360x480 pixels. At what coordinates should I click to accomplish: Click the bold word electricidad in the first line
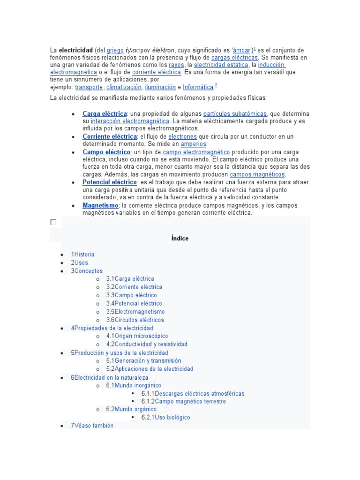[75, 50]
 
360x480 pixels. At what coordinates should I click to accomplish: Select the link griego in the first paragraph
[115, 50]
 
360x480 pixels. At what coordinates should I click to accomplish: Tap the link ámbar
[242, 50]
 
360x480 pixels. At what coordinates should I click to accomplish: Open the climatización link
[124, 87]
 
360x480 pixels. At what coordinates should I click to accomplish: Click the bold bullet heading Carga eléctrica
[105, 114]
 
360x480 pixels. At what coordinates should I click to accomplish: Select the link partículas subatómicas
[235, 114]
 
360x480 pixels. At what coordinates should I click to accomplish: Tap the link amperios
[193, 144]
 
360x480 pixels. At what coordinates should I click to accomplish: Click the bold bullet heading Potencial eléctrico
[110, 182]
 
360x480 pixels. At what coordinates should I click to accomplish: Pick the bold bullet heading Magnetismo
[100, 205]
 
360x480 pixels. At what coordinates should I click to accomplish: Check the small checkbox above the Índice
[53, 222]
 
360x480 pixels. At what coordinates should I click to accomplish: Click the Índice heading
[180, 239]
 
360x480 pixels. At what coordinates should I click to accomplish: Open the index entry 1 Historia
[83, 255]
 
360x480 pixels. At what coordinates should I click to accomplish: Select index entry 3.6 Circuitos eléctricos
[139, 320]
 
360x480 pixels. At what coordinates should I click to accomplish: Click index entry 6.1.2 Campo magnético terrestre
[190, 402]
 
